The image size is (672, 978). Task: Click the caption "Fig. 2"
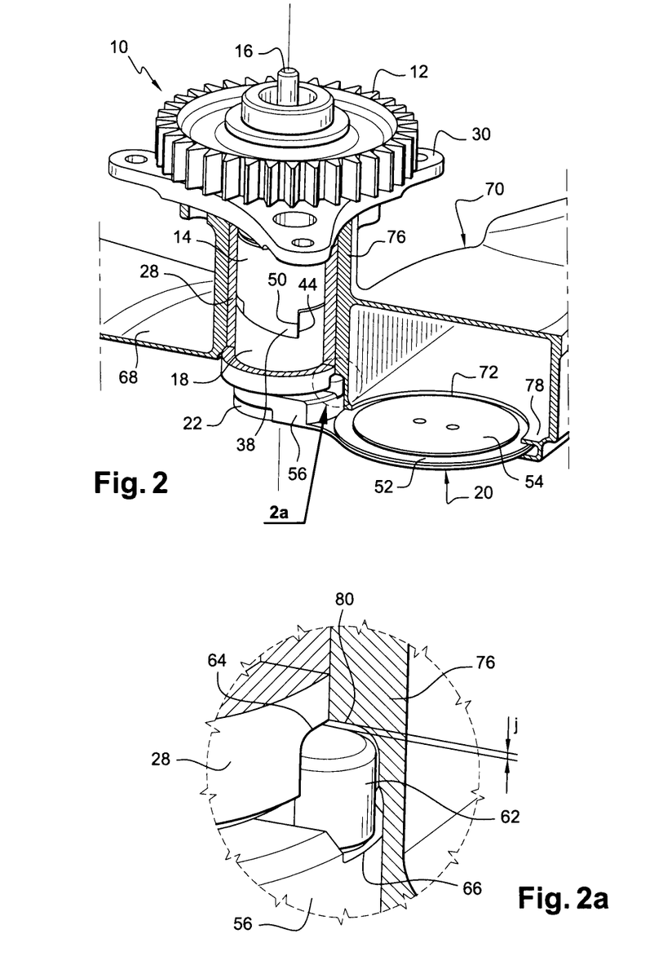pos(130,483)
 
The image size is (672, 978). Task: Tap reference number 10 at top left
pos(119,47)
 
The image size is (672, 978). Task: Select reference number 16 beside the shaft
pos(244,51)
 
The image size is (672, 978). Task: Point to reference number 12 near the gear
pos(419,72)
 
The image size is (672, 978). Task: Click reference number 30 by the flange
pos(480,134)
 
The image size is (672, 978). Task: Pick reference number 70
pos(494,189)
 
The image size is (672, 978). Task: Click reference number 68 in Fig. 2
pos(128,377)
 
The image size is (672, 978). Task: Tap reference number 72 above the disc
pos(489,372)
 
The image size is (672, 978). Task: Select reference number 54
pos(534,482)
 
